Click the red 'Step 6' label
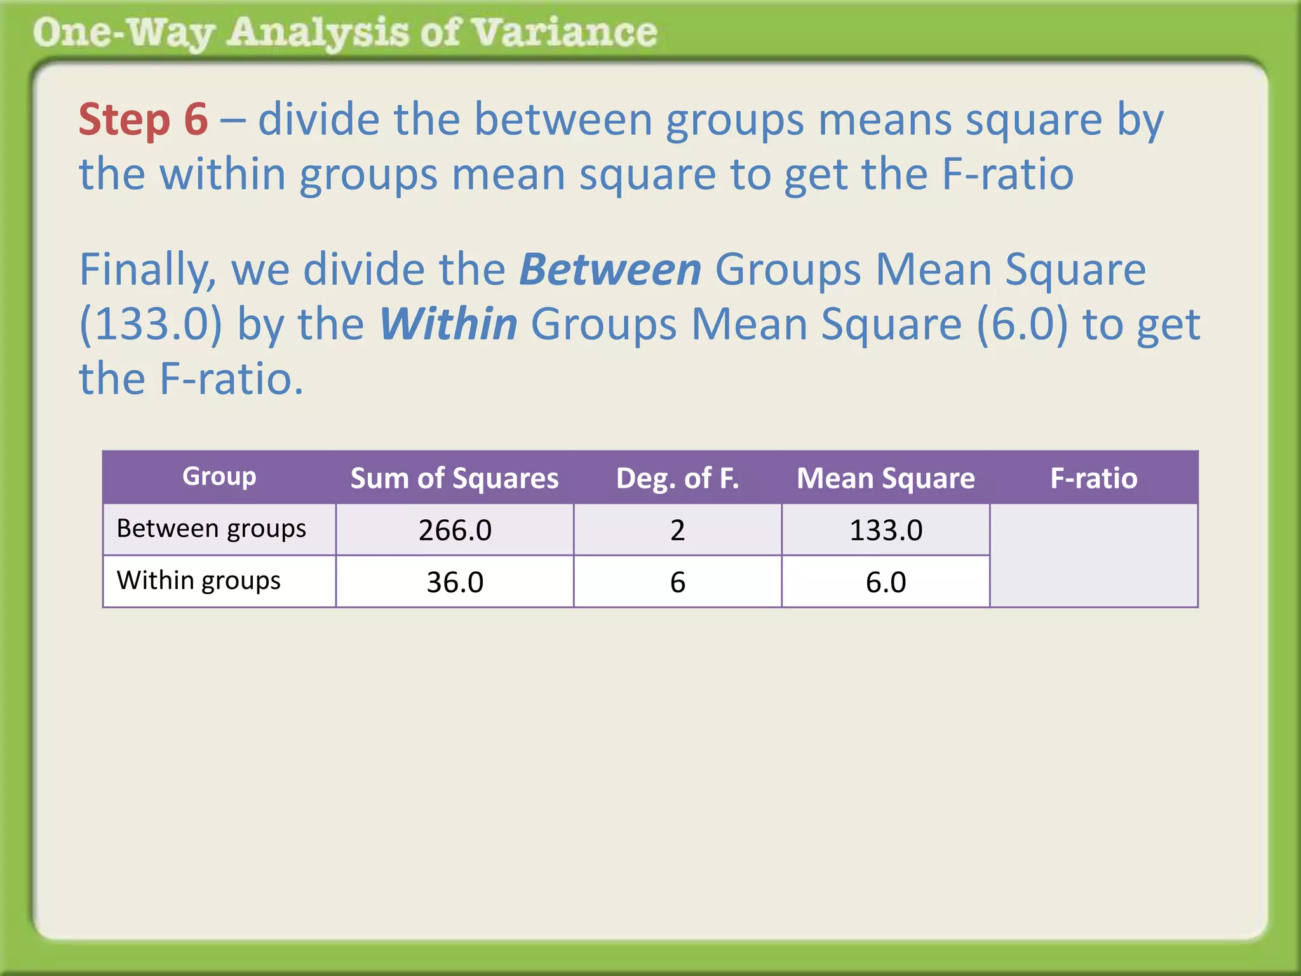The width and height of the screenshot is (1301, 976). click(143, 119)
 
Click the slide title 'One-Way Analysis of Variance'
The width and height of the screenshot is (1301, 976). click(345, 33)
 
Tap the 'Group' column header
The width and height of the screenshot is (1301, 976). click(219, 477)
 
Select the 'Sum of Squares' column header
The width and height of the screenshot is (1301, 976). click(454, 478)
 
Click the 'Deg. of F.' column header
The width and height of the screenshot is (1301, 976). click(677, 478)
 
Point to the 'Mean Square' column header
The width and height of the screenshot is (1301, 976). click(886, 478)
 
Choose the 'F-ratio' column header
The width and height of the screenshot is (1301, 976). click(1093, 478)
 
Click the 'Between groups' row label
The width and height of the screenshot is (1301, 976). click(212, 529)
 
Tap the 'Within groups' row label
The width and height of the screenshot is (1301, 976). click(199, 581)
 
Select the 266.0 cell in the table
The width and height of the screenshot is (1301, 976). click(455, 531)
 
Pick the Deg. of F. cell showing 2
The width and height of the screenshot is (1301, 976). click(677, 531)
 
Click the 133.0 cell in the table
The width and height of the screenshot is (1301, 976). click(886, 531)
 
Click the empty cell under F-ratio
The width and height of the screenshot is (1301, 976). click(1093, 556)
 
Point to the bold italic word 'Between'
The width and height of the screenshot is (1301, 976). click(610, 270)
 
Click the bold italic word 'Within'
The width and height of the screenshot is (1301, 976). click(448, 325)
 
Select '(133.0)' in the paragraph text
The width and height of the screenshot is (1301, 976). click(151, 325)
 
